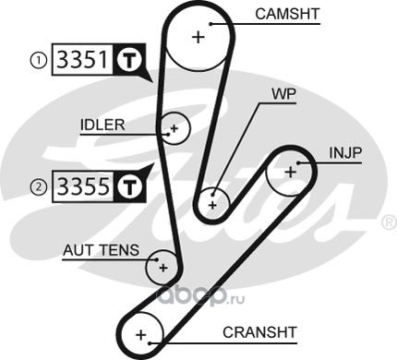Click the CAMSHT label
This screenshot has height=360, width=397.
pos(287,14)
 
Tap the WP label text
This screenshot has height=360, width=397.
pos(283,94)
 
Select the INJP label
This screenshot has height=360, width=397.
pos(345,153)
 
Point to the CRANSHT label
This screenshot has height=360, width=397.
pos(259,332)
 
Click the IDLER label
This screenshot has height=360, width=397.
pos(102,125)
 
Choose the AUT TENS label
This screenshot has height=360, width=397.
pos(101,250)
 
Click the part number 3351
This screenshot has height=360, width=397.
pos(83,59)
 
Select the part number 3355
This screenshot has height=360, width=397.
pos(83,186)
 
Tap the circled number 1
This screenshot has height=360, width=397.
pos(38,60)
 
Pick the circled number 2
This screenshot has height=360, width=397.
pos(39,186)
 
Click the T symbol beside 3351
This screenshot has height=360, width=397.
pos(129,59)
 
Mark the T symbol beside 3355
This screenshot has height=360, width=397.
pos(129,186)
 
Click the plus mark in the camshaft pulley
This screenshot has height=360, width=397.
pos(198,37)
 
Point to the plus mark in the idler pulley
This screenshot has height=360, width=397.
pos(174,128)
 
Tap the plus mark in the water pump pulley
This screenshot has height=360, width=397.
pos(212,205)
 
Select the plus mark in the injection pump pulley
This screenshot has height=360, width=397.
pos(291,172)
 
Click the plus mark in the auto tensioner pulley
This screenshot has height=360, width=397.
pos(163,268)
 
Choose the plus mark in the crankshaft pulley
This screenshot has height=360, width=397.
pos(141,335)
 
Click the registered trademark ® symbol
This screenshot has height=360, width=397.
pos(389,222)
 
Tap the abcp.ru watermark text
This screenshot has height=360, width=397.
pos(201,297)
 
